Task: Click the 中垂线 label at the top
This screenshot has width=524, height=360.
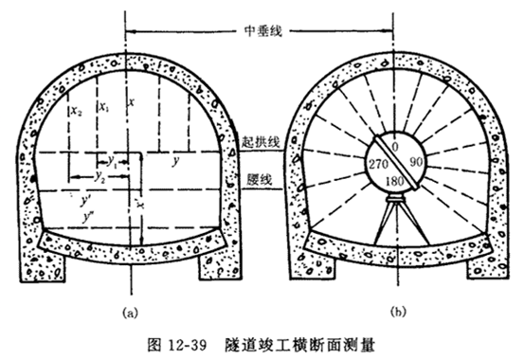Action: [262, 29]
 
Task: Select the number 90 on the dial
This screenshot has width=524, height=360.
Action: [414, 163]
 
